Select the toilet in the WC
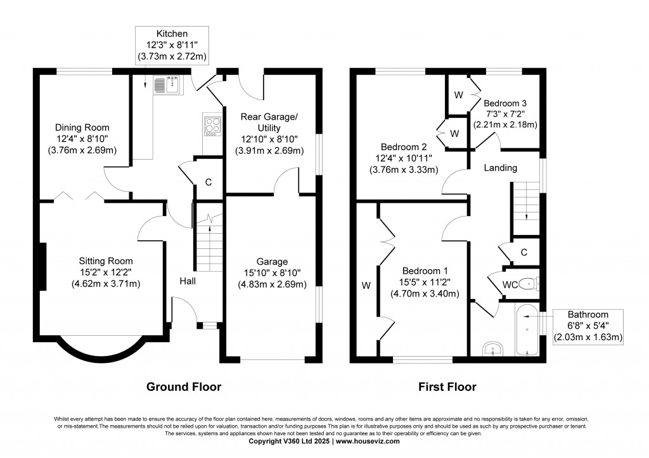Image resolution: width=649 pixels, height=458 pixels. pyautogui.click(x=529, y=284)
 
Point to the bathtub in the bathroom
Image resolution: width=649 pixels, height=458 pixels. pyautogui.click(x=527, y=330)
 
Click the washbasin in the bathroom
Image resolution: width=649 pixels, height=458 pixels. pyautogui.click(x=492, y=348)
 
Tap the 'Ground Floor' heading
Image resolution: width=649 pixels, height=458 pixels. pyautogui.click(x=184, y=387)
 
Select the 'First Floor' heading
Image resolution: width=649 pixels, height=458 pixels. pyautogui.click(x=447, y=387)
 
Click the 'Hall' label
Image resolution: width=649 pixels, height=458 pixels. pyautogui.click(x=188, y=281)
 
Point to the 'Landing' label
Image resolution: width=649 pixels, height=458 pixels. pyautogui.click(x=501, y=168)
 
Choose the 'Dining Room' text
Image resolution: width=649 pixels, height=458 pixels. pyautogui.click(x=82, y=127)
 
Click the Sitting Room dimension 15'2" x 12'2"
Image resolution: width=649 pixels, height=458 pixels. pyautogui.click(x=106, y=272)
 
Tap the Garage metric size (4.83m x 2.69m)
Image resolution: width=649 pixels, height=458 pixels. pyautogui.click(x=272, y=284)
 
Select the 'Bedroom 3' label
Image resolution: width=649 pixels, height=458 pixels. pyautogui.click(x=505, y=103)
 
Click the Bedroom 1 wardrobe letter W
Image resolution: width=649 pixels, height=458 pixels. pyautogui.click(x=366, y=285)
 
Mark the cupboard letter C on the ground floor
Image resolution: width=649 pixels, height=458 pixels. pyautogui.click(x=209, y=182)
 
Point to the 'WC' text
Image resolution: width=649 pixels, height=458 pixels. pyautogui.click(x=510, y=285)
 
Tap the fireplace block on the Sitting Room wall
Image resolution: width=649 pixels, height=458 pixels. pyautogui.click(x=42, y=267)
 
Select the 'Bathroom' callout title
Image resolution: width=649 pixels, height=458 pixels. pyautogui.click(x=588, y=314)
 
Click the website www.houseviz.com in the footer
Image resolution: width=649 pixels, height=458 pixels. pyautogui.click(x=368, y=441)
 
